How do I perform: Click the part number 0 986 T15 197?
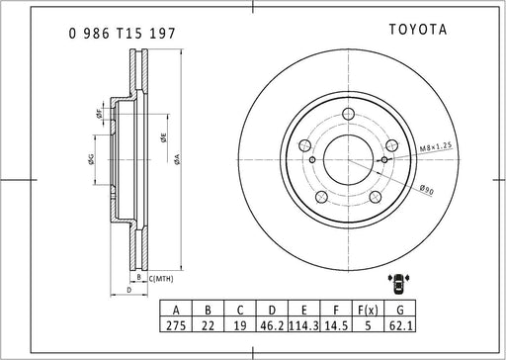[123, 34]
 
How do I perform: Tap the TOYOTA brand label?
[418, 30]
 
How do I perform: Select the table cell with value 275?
[176, 325]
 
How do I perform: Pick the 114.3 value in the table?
[303, 325]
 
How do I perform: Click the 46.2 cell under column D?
[272, 325]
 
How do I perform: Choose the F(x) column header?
[368, 310]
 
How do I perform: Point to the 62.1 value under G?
[400, 325]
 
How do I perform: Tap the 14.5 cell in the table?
[336, 325]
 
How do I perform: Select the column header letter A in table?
[176, 311]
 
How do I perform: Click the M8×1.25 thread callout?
[435, 147]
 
